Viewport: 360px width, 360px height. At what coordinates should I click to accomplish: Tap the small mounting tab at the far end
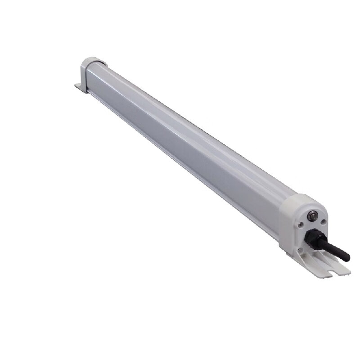(81, 87)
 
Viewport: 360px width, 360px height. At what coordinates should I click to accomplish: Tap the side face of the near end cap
(286, 225)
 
